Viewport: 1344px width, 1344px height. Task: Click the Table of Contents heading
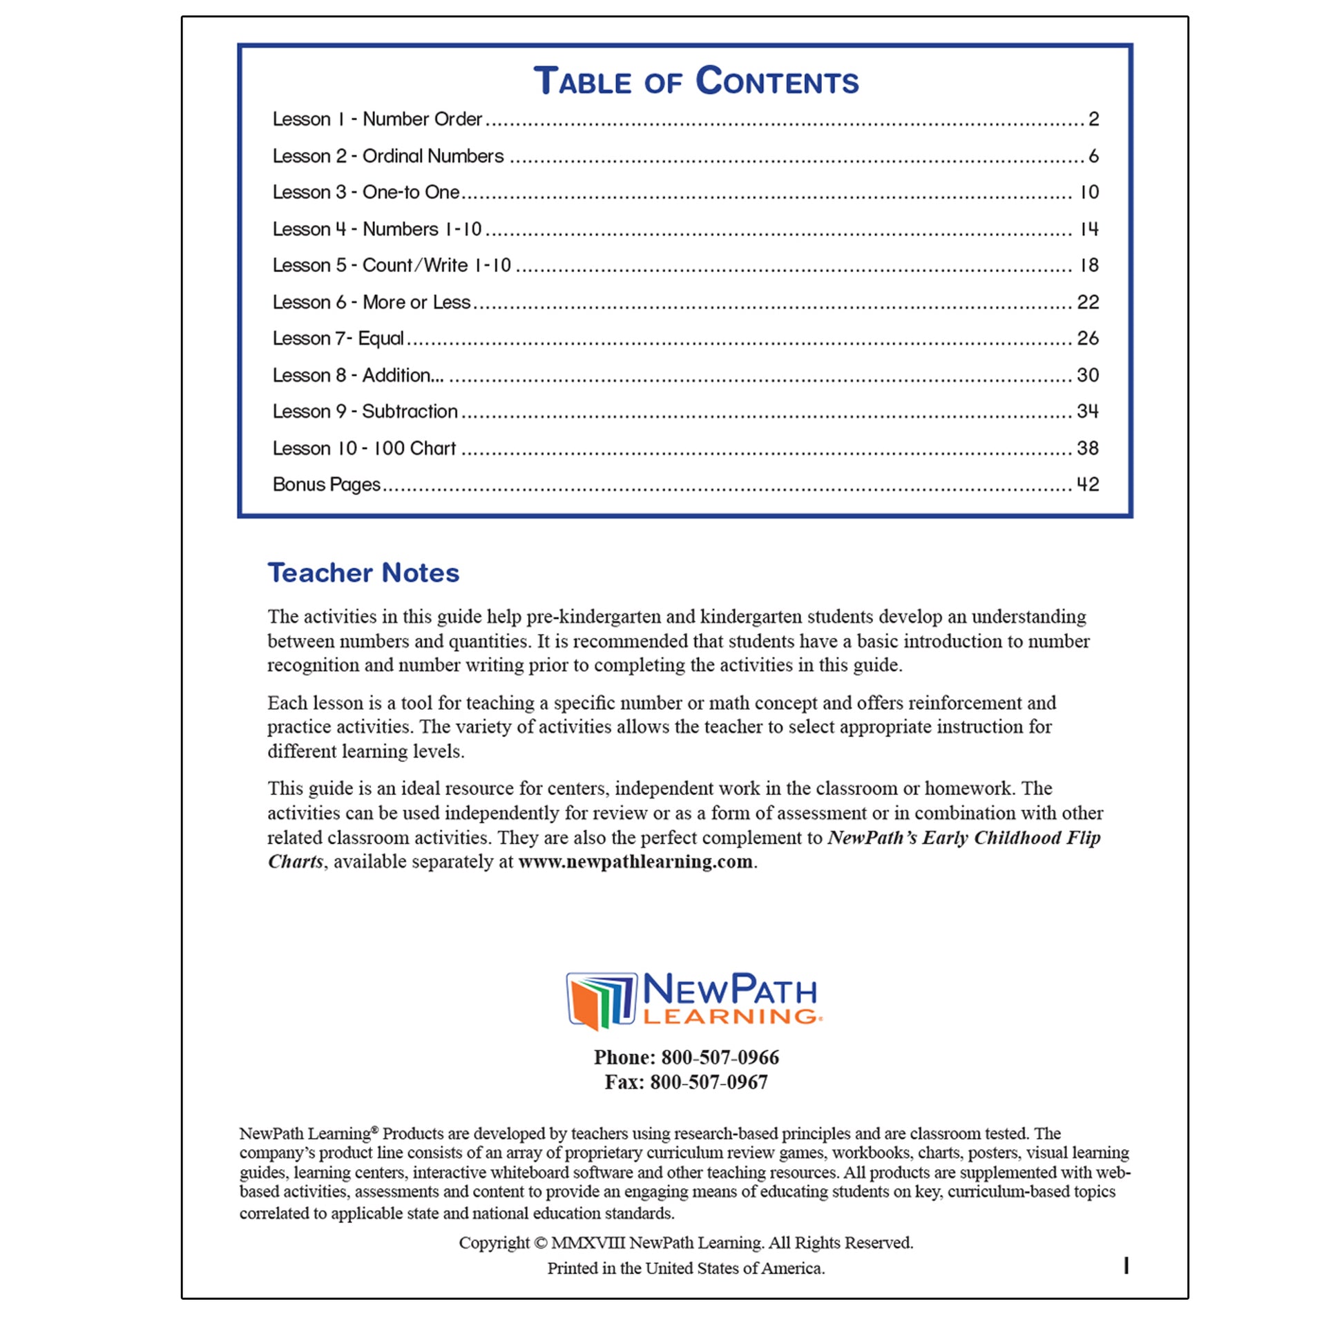(x=695, y=81)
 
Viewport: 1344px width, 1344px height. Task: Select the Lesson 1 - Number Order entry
(x=377, y=119)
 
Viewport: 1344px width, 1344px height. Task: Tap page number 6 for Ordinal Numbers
(x=1093, y=157)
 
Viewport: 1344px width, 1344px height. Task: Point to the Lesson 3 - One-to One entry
(x=366, y=193)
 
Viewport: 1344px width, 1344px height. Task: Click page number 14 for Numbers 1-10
(x=1088, y=229)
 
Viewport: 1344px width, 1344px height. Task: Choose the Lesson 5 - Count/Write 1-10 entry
(x=392, y=266)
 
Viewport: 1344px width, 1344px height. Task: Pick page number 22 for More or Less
(x=1087, y=303)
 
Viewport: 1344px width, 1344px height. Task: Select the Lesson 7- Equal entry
(x=338, y=339)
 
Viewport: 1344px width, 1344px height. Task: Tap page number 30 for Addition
(x=1087, y=376)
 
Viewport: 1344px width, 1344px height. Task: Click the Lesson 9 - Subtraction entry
(x=365, y=412)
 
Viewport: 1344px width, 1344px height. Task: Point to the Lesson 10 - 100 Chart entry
(x=364, y=449)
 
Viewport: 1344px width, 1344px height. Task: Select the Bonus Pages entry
(x=326, y=485)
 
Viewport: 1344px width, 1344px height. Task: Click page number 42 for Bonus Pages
(x=1087, y=485)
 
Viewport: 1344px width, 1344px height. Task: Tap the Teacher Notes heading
(x=363, y=573)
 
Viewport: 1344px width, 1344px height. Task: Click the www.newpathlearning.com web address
(x=635, y=862)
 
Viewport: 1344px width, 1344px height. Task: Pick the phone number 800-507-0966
(x=719, y=1057)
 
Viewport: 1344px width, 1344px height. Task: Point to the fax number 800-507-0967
(x=708, y=1082)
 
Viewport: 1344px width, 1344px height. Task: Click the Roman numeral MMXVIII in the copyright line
(x=588, y=1243)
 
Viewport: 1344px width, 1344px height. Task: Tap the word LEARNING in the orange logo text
(x=730, y=1017)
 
